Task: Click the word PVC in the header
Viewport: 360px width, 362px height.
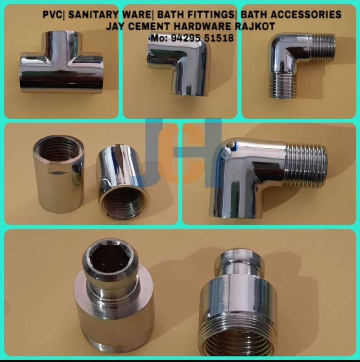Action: [52, 15]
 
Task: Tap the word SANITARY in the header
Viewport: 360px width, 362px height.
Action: [91, 15]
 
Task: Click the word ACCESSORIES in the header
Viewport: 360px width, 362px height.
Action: [299, 15]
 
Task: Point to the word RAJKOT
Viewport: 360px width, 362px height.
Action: [253, 27]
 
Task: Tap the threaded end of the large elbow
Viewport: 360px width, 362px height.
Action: [306, 165]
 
